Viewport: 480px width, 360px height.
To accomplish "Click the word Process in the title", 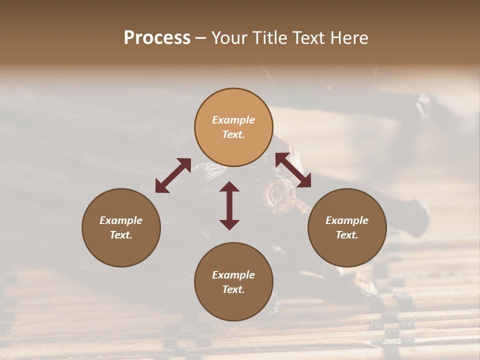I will [157, 38].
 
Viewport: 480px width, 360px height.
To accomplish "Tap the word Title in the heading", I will [270, 38].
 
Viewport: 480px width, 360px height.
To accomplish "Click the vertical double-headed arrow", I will [229, 205].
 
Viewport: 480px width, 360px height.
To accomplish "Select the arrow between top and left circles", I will [173, 175].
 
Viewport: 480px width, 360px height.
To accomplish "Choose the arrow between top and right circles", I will [293, 170].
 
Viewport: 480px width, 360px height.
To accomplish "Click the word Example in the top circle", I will [233, 120].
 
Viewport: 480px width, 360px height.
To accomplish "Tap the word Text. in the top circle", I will [233, 134].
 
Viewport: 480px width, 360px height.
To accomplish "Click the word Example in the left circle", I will [121, 220].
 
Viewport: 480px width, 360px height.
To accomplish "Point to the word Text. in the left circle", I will [121, 235].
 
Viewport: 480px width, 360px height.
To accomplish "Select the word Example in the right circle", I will [347, 220].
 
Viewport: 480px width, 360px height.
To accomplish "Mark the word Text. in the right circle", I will [347, 235].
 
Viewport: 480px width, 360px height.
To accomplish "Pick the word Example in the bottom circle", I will [233, 275].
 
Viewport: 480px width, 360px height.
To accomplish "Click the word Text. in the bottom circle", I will [233, 289].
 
